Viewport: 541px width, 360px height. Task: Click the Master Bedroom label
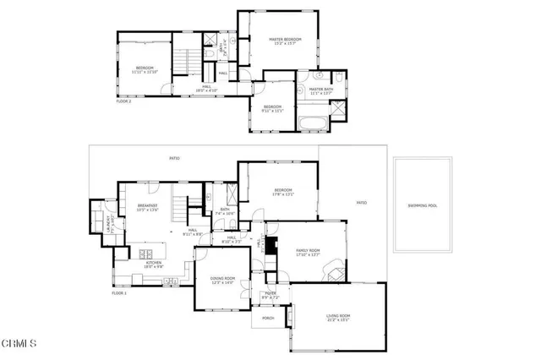[286, 40]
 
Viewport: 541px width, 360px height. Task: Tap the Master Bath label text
[322, 89]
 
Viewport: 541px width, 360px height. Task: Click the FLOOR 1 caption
[119, 292]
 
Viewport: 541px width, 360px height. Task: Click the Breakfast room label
[136, 205]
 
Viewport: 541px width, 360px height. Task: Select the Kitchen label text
[153, 263]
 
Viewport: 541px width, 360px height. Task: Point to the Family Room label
[308, 251]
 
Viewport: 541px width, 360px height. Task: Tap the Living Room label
[338, 317]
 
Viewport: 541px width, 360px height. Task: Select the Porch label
[268, 318]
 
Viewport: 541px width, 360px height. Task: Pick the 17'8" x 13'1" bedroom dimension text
[282, 195]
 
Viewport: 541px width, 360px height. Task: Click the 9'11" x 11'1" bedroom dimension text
[272, 111]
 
